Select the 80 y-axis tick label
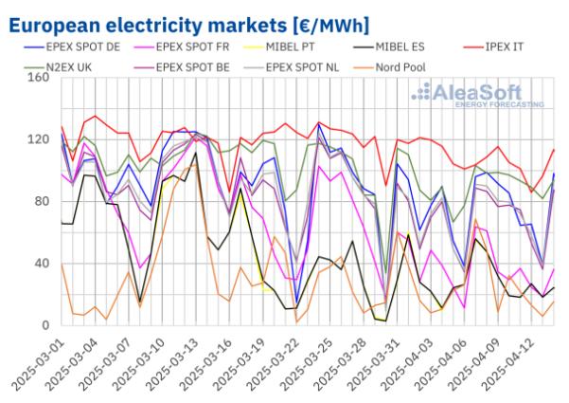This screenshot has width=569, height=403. pos(40,201)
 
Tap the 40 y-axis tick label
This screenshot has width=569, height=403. pos(40,264)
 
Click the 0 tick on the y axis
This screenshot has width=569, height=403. pos(44,325)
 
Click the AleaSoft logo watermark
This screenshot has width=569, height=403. pos(477,95)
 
